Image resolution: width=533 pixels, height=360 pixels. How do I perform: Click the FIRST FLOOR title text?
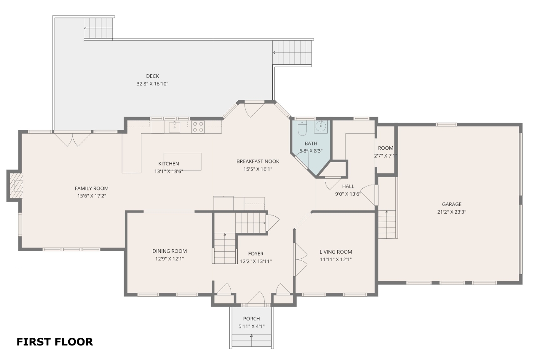pyautogui.click(x=55, y=342)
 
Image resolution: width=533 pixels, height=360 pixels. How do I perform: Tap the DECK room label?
pyautogui.click(x=152, y=76)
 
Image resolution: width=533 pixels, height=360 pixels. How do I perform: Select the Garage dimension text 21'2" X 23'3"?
pyautogui.click(x=452, y=212)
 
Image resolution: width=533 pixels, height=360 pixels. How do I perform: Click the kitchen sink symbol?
pyautogui.click(x=174, y=127)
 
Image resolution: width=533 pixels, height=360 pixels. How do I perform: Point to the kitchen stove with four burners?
pyautogui.click(x=198, y=127)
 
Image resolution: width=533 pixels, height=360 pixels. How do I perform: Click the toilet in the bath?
pyautogui.click(x=302, y=128)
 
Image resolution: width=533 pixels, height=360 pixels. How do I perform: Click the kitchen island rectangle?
pyautogui.click(x=182, y=162)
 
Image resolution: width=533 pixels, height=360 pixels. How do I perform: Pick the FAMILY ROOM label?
pyautogui.click(x=92, y=188)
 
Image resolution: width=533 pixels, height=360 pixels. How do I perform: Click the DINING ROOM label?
pyautogui.click(x=169, y=251)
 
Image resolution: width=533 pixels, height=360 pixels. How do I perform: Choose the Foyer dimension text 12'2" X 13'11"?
pyautogui.click(x=256, y=261)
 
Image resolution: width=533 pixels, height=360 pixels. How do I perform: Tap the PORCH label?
pyautogui.click(x=252, y=319)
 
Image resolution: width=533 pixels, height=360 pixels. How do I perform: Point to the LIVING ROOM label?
pyautogui.click(x=336, y=252)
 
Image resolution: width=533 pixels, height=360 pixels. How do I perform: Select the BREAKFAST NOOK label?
pyautogui.click(x=258, y=161)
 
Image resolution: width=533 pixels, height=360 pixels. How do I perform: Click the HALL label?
pyautogui.click(x=348, y=186)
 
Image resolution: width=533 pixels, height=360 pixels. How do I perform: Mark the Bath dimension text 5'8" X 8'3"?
pyautogui.click(x=311, y=151)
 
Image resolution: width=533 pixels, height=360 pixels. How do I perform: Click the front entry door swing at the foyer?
pyautogui.click(x=256, y=298)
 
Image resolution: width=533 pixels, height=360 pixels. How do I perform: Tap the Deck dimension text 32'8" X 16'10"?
pyautogui.click(x=152, y=84)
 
